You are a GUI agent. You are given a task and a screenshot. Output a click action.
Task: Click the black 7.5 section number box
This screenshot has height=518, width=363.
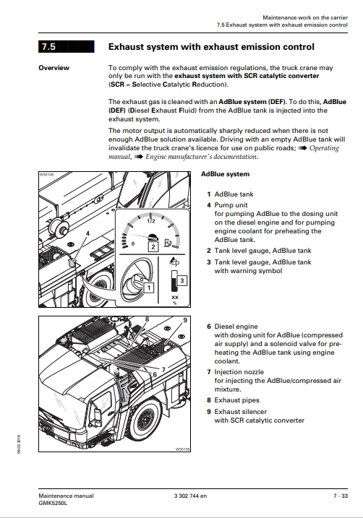pyautogui.click(x=66, y=46)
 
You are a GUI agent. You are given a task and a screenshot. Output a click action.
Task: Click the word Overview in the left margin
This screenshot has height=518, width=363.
pyautogui.click(x=54, y=68)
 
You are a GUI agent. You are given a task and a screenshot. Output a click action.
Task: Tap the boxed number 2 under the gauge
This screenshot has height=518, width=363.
pyautogui.click(x=153, y=246)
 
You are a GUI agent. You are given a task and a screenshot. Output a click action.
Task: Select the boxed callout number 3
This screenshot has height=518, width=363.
pyautogui.click(x=181, y=281)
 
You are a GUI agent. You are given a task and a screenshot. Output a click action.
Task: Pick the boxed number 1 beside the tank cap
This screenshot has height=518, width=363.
pyautogui.click(x=149, y=288)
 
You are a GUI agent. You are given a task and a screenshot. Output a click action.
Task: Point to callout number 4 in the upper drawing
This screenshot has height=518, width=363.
pyautogui.click(x=87, y=233)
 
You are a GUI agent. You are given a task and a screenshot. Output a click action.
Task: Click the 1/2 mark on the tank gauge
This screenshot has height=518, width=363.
pyautogui.click(x=151, y=221)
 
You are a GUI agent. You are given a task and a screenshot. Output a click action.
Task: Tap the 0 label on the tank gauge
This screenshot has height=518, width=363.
pyautogui.click(x=133, y=243)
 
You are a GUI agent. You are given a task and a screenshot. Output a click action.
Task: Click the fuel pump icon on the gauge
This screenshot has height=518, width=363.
pyautogui.click(x=168, y=243)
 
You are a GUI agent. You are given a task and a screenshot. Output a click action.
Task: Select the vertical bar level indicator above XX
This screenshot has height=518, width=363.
pyautogui.click(x=174, y=281)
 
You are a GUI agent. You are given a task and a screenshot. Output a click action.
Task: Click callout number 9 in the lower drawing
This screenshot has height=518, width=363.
pyautogui.click(x=185, y=320)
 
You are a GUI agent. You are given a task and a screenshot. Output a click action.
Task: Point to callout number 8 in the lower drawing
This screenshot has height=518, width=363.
pyautogui.click(x=147, y=319)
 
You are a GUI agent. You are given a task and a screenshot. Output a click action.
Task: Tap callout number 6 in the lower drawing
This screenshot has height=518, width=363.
pyautogui.click(x=155, y=374)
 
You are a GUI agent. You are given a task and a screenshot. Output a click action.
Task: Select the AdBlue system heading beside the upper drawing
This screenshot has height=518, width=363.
pyautogui.click(x=225, y=174)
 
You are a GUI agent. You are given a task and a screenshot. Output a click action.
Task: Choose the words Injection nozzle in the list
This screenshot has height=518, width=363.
pyautogui.click(x=239, y=371)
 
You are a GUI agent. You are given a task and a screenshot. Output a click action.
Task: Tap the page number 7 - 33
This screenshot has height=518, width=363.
pyautogui.click(x=341, y=496)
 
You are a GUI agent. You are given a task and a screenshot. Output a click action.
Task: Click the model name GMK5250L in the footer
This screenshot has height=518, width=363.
pyautogui.click(x=53, y=503)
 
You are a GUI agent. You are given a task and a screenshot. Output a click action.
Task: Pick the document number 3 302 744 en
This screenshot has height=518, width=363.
pyautogui.click(x=190, y=496)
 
